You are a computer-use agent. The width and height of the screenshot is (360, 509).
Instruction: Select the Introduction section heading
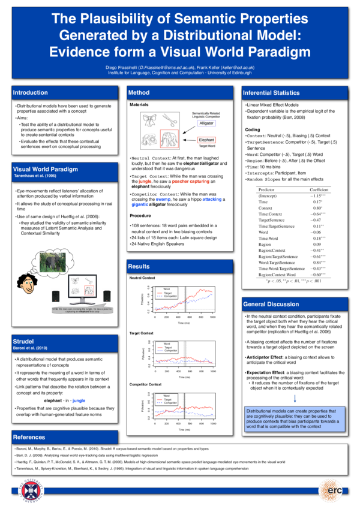pos(31,93)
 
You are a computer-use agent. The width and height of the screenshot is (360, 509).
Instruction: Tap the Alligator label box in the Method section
pos(206,123)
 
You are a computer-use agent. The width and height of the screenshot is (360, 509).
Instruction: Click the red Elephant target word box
pos(206,140)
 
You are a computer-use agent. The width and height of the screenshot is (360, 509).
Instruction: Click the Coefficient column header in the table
pos(319,189)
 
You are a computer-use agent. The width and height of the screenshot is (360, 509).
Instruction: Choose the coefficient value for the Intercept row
pos(317,196)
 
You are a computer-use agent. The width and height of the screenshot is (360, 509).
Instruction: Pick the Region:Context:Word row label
pos(274,274)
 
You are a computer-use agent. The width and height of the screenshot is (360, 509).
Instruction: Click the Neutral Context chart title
pos(142,278)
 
